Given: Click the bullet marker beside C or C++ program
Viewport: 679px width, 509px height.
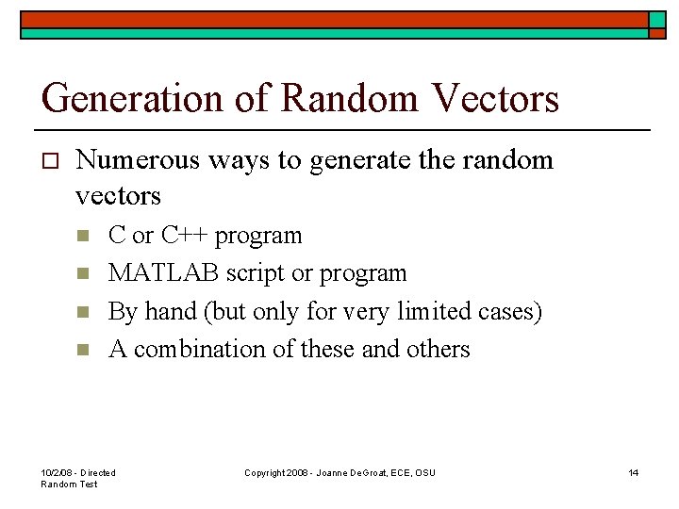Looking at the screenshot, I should (83, 236).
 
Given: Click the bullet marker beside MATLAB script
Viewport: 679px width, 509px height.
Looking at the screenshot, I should (83, 273).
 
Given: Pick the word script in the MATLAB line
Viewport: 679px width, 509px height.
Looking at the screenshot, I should (257, 273).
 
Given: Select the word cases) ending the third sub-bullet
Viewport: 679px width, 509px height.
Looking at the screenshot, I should (512, 311).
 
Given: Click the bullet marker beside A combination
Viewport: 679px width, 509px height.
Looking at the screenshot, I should (83, 350).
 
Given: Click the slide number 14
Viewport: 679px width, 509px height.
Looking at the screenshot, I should (634, 472).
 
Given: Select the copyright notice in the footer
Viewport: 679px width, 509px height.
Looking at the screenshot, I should (339, 472).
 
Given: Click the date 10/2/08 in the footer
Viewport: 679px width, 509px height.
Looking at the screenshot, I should (56, 472).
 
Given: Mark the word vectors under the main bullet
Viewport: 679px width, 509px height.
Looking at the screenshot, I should (118, 196).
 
